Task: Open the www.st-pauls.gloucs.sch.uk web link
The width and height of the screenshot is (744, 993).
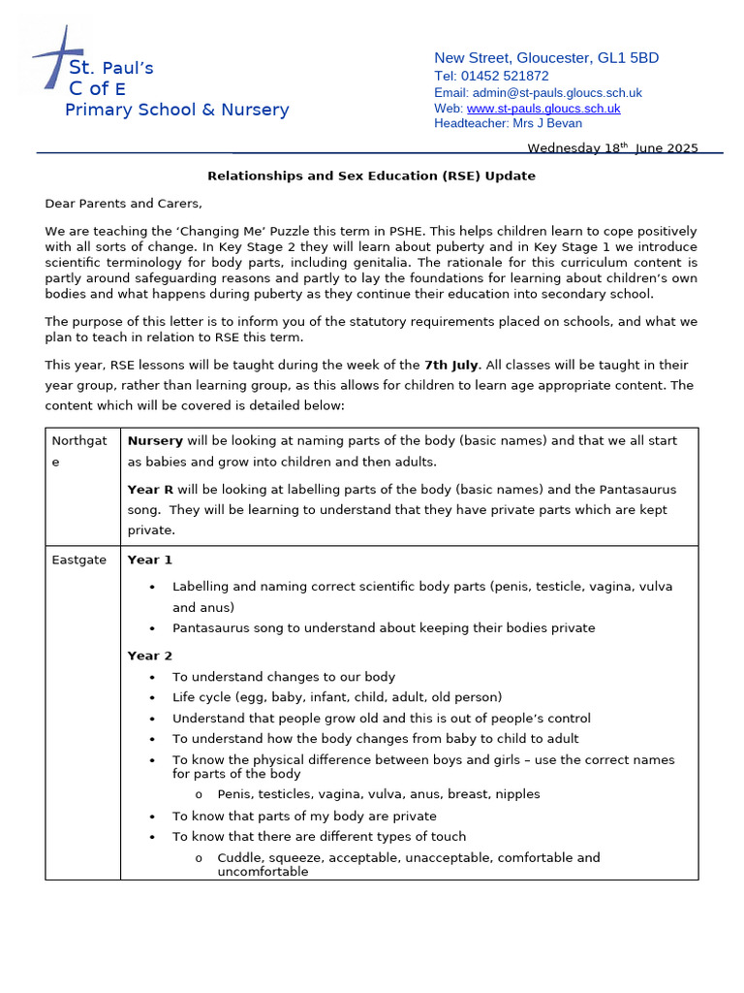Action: pos(542,109)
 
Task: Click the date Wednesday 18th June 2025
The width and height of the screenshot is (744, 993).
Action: pos(611,148)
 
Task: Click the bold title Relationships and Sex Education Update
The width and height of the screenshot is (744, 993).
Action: pos(371,176)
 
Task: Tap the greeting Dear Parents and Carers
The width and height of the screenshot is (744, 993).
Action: pos(124,204)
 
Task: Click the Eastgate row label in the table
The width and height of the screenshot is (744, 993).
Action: pos(78,561)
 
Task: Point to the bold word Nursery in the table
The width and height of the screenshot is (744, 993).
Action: pos(155,440)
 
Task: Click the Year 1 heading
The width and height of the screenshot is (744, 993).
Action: pos(149,560)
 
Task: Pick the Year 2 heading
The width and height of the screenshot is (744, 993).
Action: pos(149,656)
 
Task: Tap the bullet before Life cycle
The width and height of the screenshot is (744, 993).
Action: pos(153,698)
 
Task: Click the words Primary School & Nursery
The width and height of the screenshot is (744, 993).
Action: pos(176,110)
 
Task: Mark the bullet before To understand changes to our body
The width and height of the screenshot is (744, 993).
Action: pos(153,678)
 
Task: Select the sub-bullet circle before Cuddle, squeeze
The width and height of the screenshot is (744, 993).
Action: pos(199,858)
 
